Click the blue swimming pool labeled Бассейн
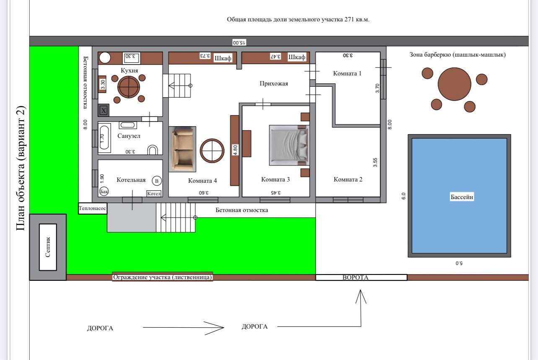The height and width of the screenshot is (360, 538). tap(459, 196)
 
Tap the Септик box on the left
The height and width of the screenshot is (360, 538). tap(48, 247)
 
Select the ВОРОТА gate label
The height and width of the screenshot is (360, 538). tap(355, 277)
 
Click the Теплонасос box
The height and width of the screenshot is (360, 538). tap(93, 208)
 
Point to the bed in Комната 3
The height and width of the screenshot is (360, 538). tap(289, 145)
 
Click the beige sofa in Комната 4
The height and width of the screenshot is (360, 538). tap(182, 149)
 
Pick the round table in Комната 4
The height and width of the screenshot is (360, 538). tap(212, 151)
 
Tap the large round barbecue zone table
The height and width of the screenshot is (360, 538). tap(454, 84)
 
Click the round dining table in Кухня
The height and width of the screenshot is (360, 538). tap(129, 87)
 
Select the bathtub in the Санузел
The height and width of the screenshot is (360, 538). tap(104, 138)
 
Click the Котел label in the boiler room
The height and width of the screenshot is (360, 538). tap(154, 194)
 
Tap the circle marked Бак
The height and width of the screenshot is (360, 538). tap(104, 192)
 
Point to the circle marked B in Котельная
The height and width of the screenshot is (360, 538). tap(157, 181)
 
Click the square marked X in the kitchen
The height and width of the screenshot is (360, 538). tap(103, 111)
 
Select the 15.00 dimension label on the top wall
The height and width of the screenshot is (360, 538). tap(239, 42)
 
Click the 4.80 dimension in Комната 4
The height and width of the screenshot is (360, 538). tap(235, 150)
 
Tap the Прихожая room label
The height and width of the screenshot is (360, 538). tap(274, 83)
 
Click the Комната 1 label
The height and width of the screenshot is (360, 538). tap(347, 73)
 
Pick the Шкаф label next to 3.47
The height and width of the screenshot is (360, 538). tap(297, 57)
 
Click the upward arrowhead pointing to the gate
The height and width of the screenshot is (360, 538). tap(361, 296)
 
